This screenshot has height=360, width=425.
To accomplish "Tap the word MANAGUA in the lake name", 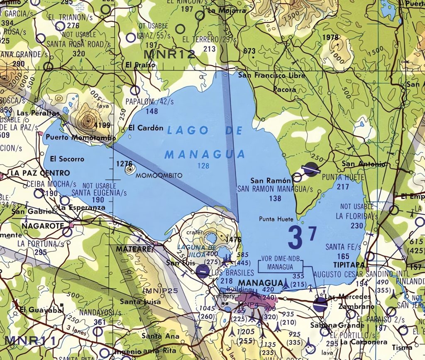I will pos(205,155).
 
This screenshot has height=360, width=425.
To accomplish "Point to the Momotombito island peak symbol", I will pos(130,168).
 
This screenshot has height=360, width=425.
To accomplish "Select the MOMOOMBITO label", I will pos(159,175).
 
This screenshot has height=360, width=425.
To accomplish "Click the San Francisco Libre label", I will pos(271,75).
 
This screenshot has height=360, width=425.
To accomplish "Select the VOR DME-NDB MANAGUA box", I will pos(280,264).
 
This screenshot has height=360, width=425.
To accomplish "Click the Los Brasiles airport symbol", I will pos(203,272).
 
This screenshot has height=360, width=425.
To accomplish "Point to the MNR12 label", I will pos(169,54).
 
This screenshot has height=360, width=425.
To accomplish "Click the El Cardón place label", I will pos(146,128).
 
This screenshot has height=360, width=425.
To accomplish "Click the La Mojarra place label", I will pos(227,11).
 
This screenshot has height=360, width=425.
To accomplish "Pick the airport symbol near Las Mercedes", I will pos(320,304).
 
